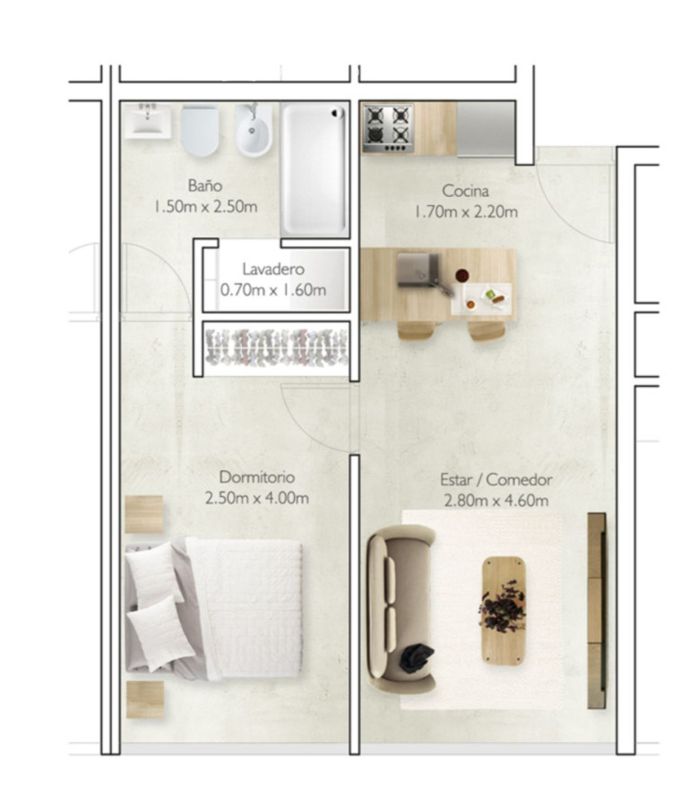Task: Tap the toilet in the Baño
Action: [x=199, y=132]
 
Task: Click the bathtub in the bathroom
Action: [x=314, y=167]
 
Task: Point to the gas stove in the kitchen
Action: [x=387, y=127]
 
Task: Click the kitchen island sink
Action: [x=416, y=270]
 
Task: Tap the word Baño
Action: [x=205, y=186]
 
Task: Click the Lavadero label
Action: [x=273, y=269]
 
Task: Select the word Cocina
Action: [x=465, y=192]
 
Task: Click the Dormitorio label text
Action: [x=257, y=477]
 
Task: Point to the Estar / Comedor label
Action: [x=495, y=480]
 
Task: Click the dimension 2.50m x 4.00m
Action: [x=257, y=499]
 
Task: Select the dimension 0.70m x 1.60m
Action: [x=273, y=290]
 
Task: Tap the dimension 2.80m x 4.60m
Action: [x=495, y=502]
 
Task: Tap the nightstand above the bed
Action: [x=144, y=514]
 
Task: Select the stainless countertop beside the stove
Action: [x=486, y=127]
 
